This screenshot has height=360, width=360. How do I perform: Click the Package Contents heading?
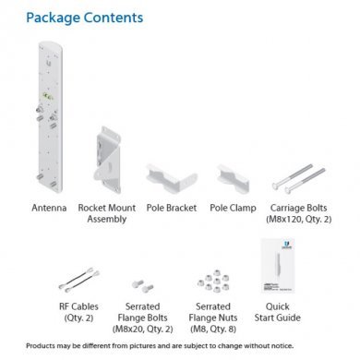point(84,18)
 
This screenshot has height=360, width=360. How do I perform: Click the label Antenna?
point(48,208)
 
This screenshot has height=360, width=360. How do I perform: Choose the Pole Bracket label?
point(168,208)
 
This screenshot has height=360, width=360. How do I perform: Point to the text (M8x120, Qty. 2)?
point(298,219)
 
